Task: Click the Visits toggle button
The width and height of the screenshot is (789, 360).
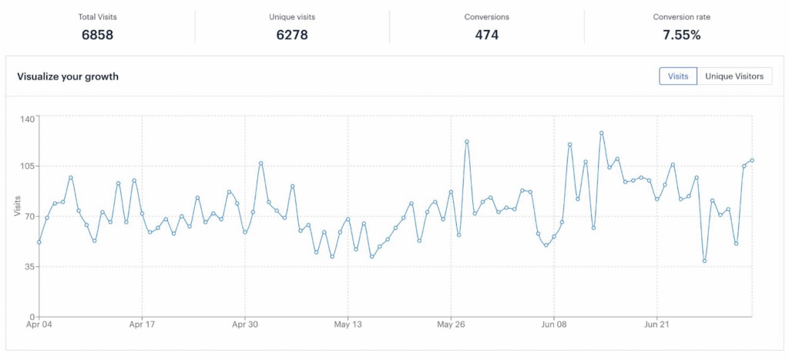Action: pos(678,76)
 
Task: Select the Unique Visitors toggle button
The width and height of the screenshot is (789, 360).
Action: pos(734,76)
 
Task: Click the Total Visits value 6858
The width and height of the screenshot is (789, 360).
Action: pos(97,35)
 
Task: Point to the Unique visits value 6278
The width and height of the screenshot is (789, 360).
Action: pos(292,35)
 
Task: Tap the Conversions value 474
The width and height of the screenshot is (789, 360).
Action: pos(487,35)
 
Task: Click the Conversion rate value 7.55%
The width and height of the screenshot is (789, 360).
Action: pos(682,35)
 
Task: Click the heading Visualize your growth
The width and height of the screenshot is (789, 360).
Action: pos(68,76)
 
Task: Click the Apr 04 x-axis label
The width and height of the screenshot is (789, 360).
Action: pos(39,325)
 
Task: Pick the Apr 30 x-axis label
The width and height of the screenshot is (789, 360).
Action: pos(244,325)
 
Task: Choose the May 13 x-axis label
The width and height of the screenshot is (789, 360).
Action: pos(347,325)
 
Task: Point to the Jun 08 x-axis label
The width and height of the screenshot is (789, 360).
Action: pos(553,325)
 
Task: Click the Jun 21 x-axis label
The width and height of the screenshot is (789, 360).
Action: pos(656,325)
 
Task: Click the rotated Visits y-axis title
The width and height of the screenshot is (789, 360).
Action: pos(17,206)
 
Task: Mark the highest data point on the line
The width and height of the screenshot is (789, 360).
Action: pos(601,133)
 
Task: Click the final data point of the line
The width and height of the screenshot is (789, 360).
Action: pos(752,160)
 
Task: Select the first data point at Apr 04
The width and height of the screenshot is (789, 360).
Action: pos(39,242)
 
